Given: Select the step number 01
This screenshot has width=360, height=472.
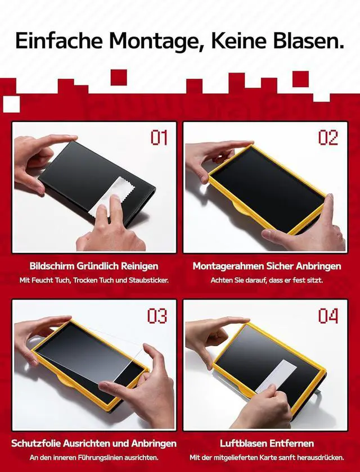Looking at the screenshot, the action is (159, 138).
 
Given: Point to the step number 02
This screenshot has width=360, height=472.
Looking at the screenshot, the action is (328, 138).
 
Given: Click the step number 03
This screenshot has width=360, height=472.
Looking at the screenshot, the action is (157, 316).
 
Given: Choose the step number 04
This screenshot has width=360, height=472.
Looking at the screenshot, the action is (328, 316).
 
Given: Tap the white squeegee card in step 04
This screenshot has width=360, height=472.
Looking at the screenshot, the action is (276, 376).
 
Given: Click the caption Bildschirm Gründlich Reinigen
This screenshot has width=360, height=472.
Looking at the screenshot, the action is (94, 266).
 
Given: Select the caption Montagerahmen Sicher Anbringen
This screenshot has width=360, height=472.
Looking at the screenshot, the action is (267, 266).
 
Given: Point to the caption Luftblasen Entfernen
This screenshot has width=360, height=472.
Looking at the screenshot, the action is (267, 443).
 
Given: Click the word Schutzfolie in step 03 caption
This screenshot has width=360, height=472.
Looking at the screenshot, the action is (36, 444).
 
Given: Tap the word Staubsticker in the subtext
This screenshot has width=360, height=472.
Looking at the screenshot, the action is (148, 280).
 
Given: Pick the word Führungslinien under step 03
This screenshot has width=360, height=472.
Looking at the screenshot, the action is (103, 458).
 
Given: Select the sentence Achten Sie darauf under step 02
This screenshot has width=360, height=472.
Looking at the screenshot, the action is (232, 280).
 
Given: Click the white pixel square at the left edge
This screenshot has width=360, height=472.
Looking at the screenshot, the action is (11, 104).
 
